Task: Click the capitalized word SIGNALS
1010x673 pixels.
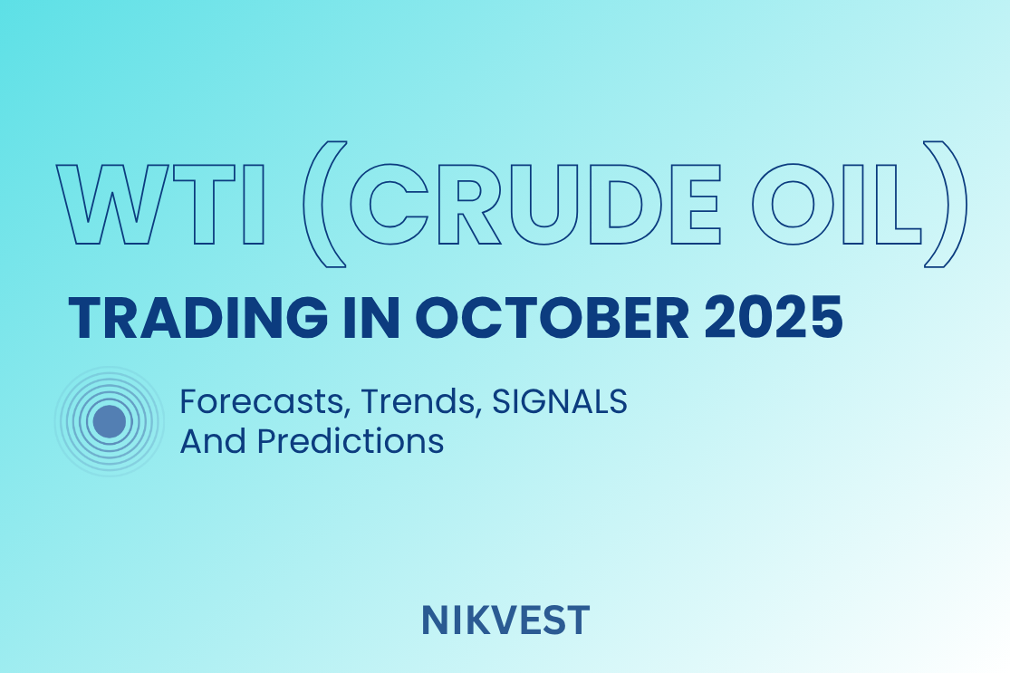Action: (559, 401)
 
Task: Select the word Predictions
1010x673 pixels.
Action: (350, 441)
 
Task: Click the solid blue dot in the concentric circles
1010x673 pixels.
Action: (109, 421)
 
